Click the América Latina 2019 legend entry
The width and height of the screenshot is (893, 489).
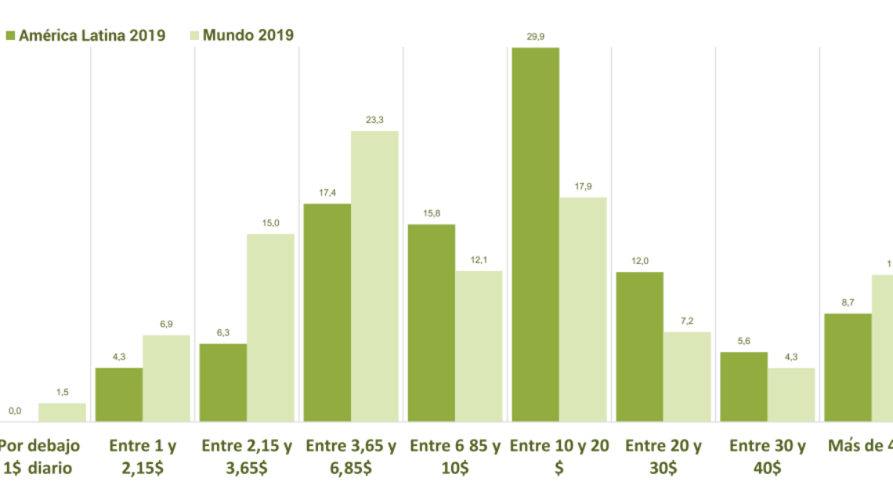[86, 35]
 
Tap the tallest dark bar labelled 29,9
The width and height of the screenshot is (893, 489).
[536, 235]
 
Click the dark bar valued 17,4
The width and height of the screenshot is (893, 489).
[327, 313]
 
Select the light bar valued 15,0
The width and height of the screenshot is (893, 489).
[270, 328]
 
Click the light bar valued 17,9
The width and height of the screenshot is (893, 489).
[583, 310]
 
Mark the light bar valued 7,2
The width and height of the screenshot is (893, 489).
[687, 377]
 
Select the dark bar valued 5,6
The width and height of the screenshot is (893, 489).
[743, 387]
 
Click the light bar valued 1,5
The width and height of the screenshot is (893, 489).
[62, 412]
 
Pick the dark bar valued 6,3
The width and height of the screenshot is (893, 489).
[223, 382]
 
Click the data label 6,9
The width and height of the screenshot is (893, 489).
[166, 324]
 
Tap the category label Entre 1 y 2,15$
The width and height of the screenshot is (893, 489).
[143, 457]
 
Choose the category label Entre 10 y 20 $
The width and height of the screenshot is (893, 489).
[559, 457]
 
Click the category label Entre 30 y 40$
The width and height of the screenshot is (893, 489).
[768, 457]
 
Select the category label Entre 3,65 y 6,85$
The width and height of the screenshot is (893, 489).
[351, 457]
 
